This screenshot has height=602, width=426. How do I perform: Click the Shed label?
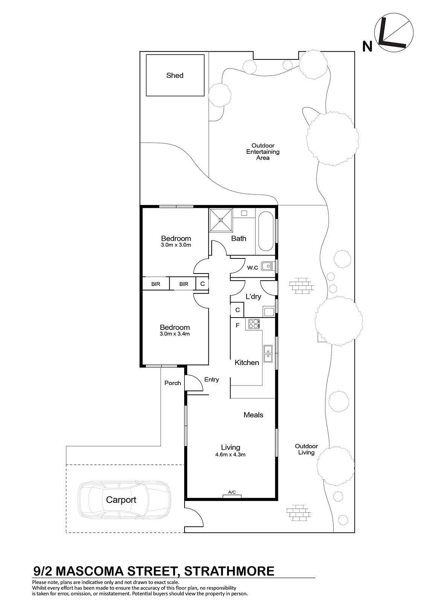175,76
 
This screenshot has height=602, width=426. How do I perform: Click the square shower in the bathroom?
221,220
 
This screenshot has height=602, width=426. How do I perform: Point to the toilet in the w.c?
268,266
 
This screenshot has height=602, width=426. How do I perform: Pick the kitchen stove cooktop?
254,324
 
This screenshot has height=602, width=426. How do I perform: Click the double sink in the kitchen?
268,354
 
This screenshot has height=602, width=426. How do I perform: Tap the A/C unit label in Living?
232,492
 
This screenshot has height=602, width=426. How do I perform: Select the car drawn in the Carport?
124,500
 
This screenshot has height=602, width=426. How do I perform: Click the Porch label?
173,383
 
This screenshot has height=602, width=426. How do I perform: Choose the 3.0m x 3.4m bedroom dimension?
175,334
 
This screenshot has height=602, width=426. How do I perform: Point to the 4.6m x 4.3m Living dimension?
231,455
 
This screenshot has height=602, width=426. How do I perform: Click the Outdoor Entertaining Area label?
263,152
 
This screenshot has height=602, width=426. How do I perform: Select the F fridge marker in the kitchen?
237,325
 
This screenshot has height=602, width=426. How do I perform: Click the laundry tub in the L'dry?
269,312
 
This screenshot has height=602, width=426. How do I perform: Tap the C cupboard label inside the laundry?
238,310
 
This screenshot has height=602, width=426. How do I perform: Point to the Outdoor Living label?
306,449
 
